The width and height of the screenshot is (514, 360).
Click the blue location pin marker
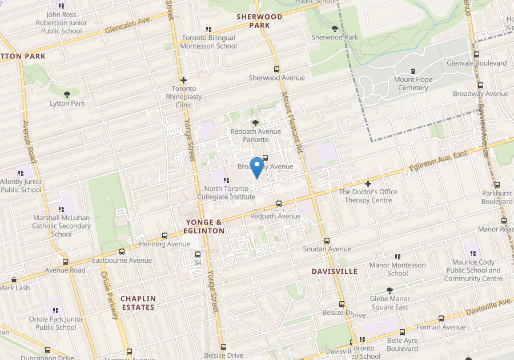257,166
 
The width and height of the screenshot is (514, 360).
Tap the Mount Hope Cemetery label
413,84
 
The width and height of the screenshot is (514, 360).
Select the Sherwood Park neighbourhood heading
260,21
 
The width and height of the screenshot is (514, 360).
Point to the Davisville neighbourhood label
335,271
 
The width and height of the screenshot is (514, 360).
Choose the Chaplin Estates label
138,303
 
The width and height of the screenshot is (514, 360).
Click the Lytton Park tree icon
67,94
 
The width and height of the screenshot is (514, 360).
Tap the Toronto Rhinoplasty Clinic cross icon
183,81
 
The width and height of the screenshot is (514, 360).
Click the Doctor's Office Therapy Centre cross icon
368,184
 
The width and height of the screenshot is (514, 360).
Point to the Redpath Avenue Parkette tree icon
255,123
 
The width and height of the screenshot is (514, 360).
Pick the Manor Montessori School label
397,269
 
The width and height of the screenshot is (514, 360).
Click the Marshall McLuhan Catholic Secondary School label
62,226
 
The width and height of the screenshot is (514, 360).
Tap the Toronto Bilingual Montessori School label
208,42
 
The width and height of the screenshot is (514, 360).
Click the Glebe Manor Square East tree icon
389,291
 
